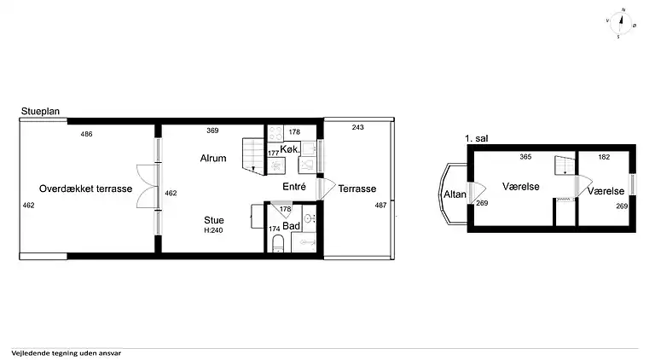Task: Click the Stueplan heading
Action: coord(41,111)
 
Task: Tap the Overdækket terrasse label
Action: coord(85,189)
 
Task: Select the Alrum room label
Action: coord(213,159)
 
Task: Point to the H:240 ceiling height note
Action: coord(213,230)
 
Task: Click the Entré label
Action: coord(294,187)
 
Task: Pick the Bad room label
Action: coord(291,226)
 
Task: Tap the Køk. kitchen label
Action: coord(290,149)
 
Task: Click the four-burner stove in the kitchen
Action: coord(275,134)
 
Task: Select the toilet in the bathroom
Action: coord(278,243)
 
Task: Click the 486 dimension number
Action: coord(86,134)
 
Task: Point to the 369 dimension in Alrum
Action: coord(212,131)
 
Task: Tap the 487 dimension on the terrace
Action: coord(380,205)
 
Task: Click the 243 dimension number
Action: coord(358,127)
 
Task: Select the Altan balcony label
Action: coord(455,195)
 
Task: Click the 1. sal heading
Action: coord(477,138)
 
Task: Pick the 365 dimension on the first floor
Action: coord(525,157)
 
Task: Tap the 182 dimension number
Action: coord(604,157)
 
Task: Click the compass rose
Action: coord(621,22)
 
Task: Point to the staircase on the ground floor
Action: coord(253,157)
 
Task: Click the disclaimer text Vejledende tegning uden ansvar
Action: coord(67,353)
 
